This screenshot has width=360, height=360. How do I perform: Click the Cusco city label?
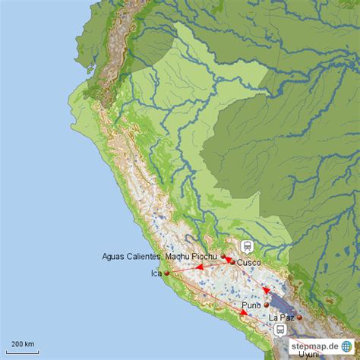coord(249,263)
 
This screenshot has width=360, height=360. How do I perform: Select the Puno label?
coord(251,305)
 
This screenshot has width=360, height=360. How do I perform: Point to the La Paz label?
coord(281,317)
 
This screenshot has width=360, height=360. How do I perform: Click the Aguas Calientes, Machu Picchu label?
coord(159,257)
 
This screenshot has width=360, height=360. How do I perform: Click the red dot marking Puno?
coord(266,305)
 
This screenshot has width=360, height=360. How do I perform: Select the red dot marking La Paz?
coord(299,317)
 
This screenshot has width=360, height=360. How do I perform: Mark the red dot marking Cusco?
coord(232,263)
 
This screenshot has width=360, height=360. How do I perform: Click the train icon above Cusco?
coord(247,246)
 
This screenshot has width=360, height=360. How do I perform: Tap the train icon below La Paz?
coord(280,330)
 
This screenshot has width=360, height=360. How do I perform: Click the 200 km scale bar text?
coord(23,344)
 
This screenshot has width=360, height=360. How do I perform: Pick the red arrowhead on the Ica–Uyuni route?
coord(244,312)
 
